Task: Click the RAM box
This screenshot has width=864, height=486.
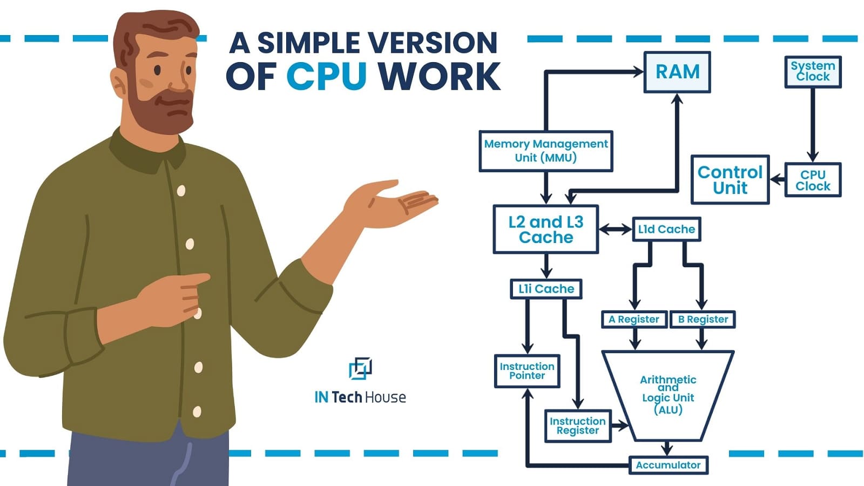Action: (677, 72)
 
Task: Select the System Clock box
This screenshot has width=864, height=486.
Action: (813, 71)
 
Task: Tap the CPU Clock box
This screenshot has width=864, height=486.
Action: (813, 180)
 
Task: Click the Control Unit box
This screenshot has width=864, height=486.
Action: (730, 180)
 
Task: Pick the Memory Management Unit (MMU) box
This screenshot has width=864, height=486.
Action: (546, 151)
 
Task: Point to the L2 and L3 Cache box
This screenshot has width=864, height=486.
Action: (546, 230)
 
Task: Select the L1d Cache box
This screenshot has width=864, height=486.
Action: (666, 230)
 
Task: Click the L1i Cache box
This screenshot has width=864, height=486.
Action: (546, 289)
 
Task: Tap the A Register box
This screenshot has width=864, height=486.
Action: (633, 319)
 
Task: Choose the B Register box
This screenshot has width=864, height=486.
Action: (703, 319)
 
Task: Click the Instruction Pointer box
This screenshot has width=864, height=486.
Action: (527, 371)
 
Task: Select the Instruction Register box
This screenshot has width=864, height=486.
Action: (577, 426)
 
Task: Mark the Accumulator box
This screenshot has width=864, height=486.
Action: (668, 465)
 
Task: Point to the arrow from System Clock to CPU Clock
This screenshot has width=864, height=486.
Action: (813, 124)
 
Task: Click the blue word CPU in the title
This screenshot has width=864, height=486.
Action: (326, 76)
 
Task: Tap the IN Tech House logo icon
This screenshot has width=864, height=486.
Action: (360, 368)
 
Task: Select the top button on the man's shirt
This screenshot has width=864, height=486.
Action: (181, 190)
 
